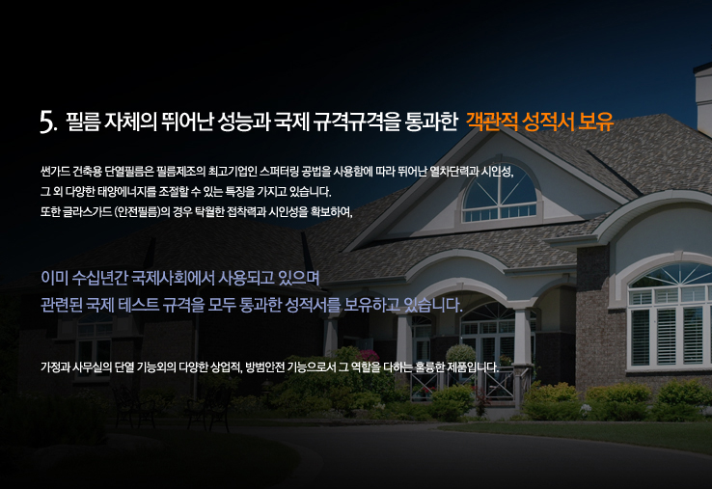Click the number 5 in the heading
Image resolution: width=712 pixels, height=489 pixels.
47,122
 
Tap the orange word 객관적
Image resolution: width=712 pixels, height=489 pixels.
491,122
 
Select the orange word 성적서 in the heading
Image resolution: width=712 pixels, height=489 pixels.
548,122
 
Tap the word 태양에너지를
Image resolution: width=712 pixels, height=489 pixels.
127,192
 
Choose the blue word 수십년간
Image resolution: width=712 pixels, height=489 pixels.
100,278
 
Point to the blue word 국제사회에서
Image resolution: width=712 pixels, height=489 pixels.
173,278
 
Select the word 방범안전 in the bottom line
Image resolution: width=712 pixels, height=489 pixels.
264,367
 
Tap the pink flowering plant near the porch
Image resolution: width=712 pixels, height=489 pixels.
369,356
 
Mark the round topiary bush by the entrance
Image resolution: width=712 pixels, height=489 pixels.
461,356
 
